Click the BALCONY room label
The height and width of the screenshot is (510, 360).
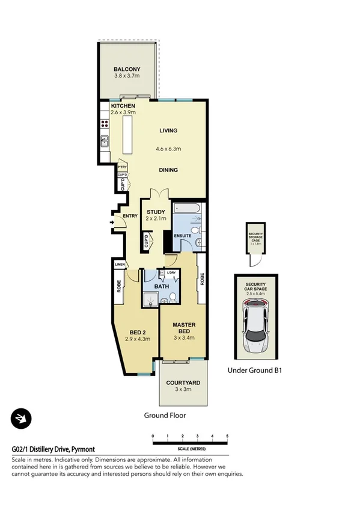pos(127,69)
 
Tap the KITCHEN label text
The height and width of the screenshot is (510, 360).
pos(123,106)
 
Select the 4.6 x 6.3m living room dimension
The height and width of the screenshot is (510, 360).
pos(168,149)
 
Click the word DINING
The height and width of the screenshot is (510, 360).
pos(168,170)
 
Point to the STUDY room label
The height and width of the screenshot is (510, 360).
pos(156,212)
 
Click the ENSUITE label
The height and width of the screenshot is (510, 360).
pos(183,235)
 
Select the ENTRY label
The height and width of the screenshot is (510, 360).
pos(130,217)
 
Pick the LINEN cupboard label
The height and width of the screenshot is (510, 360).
pos(119,264)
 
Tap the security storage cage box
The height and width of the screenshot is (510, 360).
pos(255,235)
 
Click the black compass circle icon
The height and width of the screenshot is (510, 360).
pos(22,419)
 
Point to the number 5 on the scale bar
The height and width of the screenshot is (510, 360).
pos(227,435)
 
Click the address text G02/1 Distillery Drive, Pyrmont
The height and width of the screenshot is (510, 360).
pos(53,449)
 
